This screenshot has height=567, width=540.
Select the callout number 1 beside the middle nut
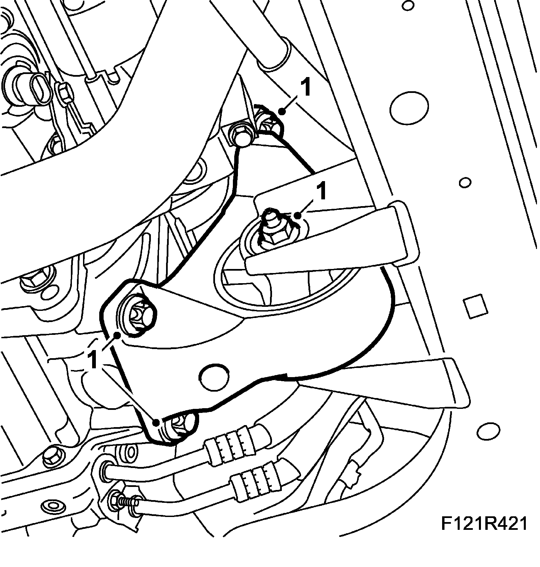coord(322,191)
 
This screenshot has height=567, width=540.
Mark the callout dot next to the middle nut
coord(297,215)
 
